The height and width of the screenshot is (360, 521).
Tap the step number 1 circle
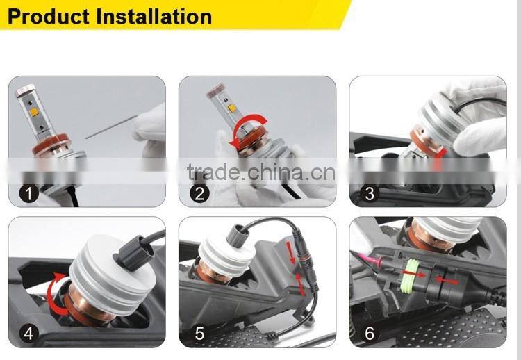point(28,194)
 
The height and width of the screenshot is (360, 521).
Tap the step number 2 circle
point(199,194)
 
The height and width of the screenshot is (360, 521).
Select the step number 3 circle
point(370,194)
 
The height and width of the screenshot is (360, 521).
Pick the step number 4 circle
point(28,334)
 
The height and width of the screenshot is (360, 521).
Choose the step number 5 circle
point(199,334)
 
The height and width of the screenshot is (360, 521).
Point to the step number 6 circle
point(370,334)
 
